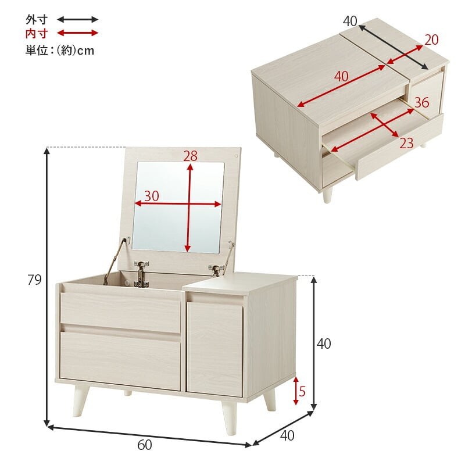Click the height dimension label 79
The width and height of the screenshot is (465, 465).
tap(34, 280)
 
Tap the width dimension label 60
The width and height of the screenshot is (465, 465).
tap(145, 445)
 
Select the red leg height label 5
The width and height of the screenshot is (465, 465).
tap(302, 391)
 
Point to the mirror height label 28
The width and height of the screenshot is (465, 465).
tap(190, 156)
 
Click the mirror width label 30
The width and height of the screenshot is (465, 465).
tap(152, 196)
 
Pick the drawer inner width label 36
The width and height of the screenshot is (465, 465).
tap(422, 102)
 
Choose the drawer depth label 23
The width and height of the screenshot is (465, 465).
tap(406, 144)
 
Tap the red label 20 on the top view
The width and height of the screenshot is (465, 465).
tap(431, 40)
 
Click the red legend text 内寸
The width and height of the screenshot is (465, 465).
tap(37, 34)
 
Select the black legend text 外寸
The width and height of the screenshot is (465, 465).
tap(37, 20)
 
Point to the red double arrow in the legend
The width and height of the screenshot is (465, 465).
tap(77, 33)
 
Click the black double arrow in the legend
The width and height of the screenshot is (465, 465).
tap(77, 20)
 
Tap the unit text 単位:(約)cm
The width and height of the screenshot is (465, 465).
tap(60, 51)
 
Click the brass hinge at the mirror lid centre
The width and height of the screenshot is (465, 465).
tap(141, 274)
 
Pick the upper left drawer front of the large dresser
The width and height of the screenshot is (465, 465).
tap(120, 312)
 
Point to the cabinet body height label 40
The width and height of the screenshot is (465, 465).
tap(324, 344)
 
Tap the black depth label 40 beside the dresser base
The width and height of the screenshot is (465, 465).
tap(287, 435)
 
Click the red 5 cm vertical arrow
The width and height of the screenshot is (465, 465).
tap(296, 391)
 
